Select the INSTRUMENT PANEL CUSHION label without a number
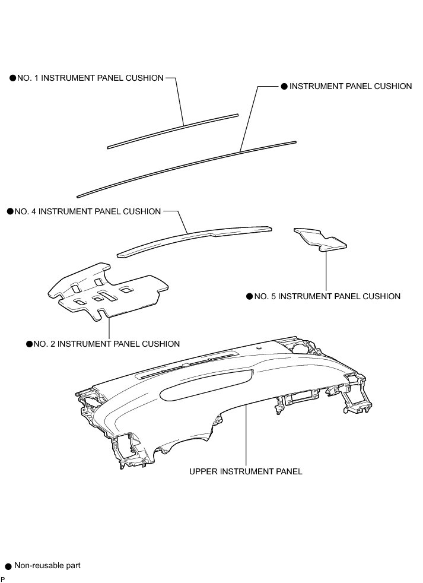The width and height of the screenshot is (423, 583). pyautogui.click(x=350, y=86)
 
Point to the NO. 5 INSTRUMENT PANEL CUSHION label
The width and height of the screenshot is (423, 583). pyautogui.click(x=327, y=296)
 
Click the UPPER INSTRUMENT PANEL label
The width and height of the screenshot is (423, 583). pyautogui.click(x=246, y=471)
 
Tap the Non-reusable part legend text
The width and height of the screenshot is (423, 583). pyautogui.click(x=47, y=566)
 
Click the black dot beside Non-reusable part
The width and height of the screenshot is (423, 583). pyautogui.click(x=8, y=567)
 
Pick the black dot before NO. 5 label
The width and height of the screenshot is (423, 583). pyautogui.click(x=249, y=296)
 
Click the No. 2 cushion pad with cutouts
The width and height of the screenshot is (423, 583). pyautogui.click(x=107, y=291)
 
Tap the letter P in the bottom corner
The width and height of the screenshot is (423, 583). pyautogui.click(x=2, y=579)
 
